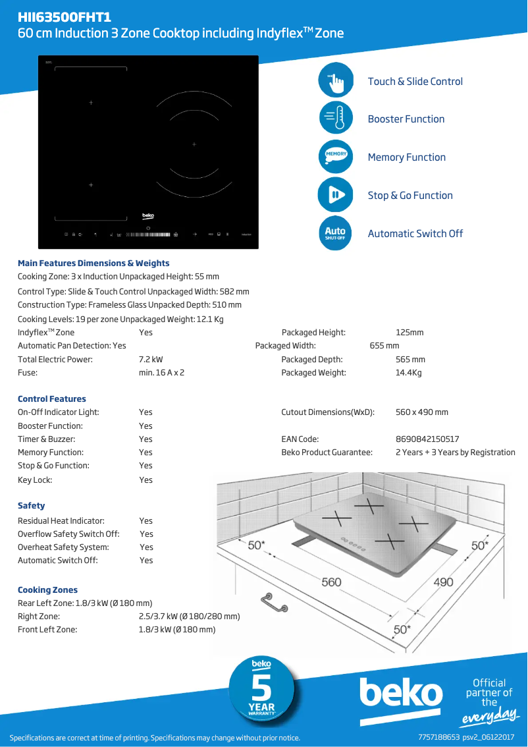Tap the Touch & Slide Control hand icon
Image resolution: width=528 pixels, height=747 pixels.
[336, 82]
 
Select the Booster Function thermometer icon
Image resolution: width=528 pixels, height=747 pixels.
[336, 119]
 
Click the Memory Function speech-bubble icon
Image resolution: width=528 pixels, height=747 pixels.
[336, 157]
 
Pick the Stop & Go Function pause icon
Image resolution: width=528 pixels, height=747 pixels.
[336, 195]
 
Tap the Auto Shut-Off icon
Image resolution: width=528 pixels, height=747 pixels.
[336, 233]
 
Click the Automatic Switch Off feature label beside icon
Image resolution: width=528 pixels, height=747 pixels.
[415, 234]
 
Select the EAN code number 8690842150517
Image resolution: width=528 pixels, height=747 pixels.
[427, 439]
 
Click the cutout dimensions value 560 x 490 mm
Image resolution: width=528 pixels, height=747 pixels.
[421, 412]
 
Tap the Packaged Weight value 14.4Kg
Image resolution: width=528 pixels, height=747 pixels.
[408, 373]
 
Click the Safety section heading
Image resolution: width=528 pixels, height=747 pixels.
[32, 506]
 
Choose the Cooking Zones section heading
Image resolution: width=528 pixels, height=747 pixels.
[47, 590]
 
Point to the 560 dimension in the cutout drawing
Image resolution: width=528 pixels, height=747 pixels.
[331, 582]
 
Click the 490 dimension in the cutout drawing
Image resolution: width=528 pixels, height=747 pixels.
[443, 582]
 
